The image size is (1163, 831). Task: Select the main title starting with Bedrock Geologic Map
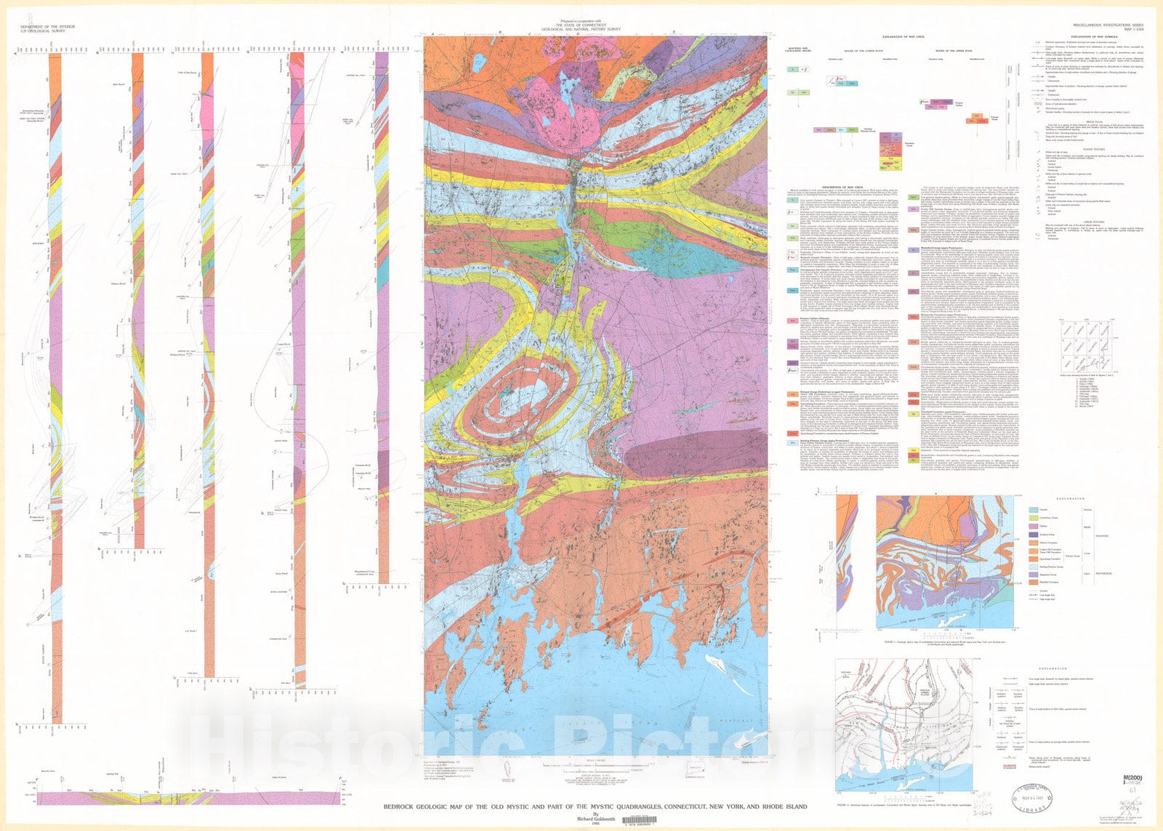pyautogui.click(x=595, y=807)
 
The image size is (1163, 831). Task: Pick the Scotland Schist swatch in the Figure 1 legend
pyautogui.click(x=1033, y=535)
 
